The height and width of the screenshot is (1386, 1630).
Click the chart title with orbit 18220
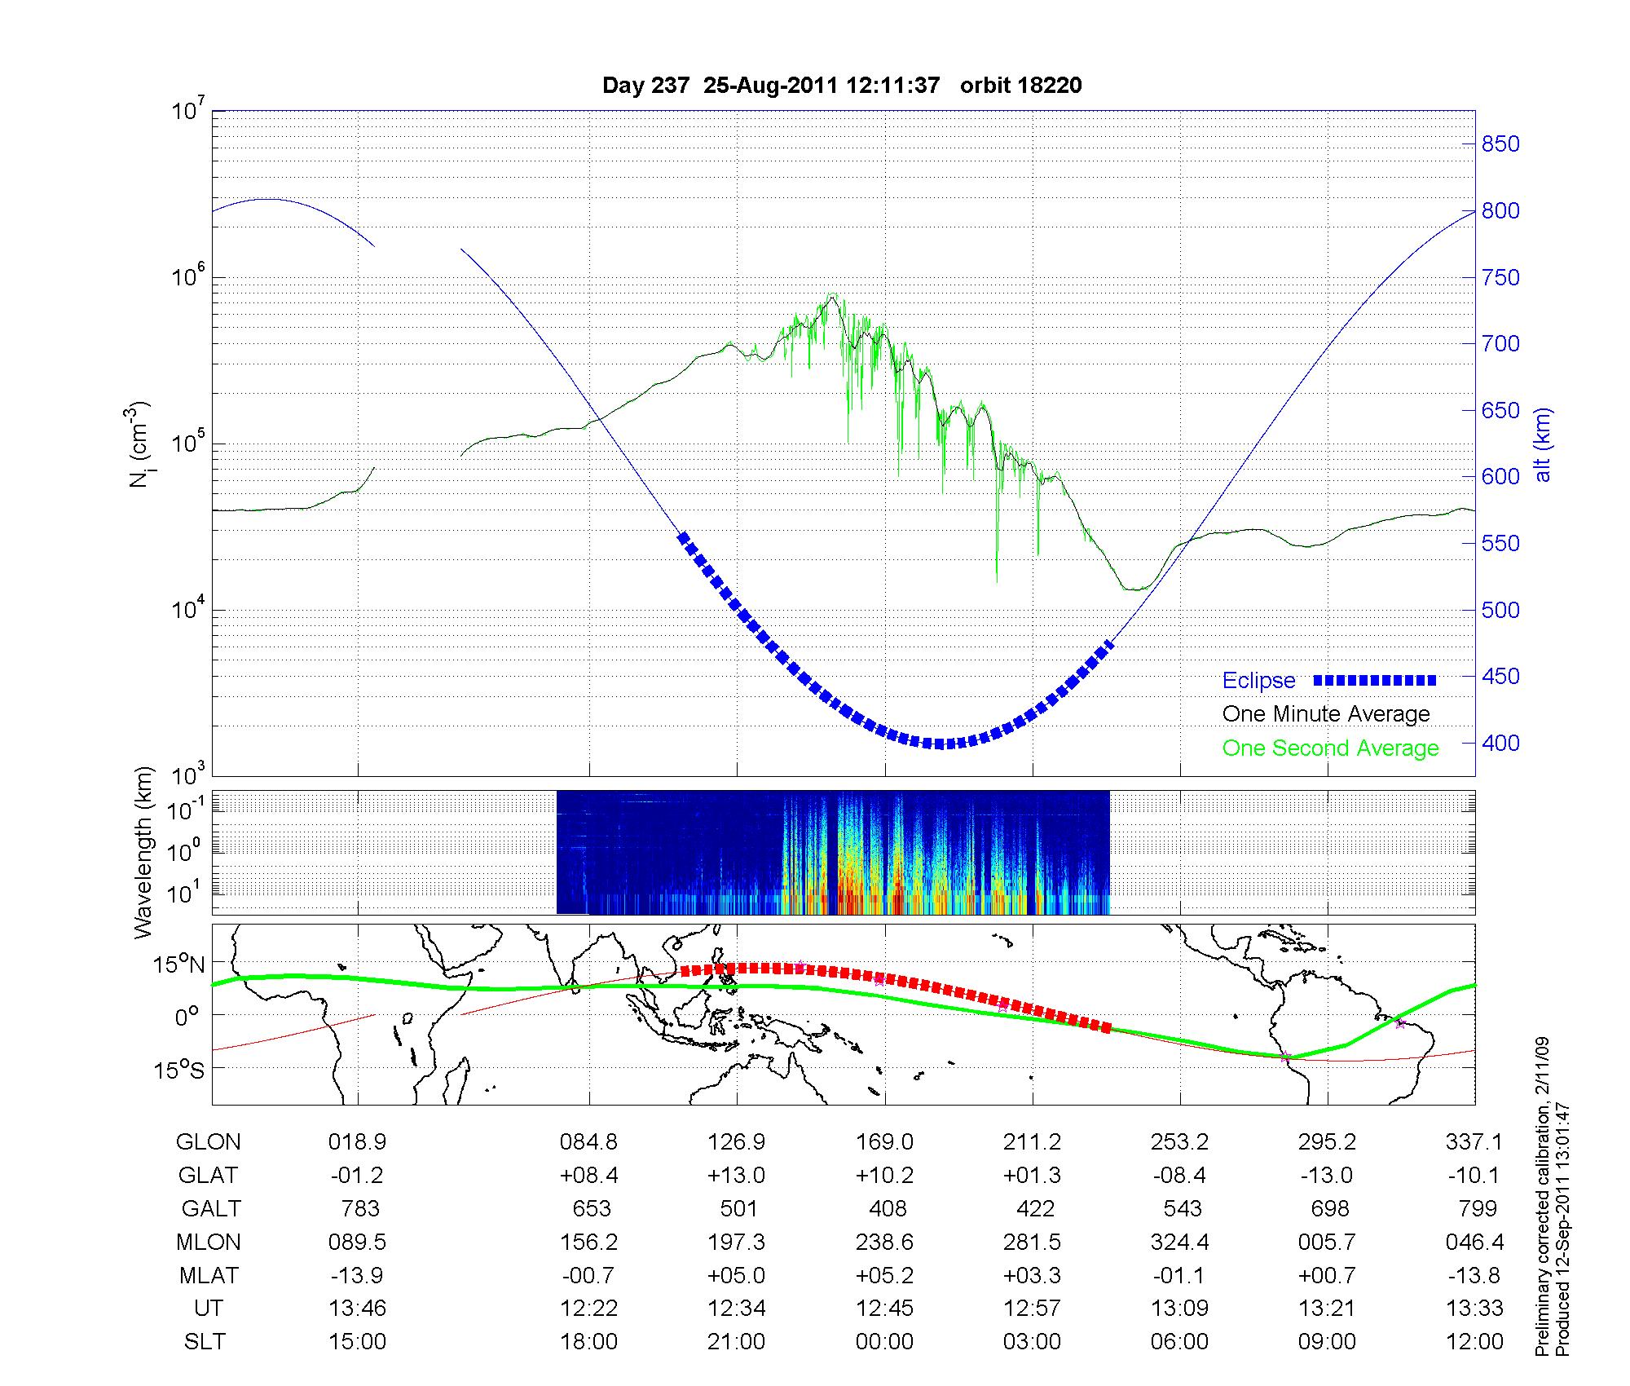842,86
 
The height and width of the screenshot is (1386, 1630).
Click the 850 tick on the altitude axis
1500,144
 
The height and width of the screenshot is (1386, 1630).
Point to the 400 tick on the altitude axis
1500,744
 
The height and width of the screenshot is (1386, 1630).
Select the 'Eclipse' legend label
1258,681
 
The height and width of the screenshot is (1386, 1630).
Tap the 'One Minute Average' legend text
1326,714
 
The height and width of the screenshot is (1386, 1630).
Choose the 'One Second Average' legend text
1330,748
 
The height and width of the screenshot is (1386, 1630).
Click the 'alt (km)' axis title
1543,444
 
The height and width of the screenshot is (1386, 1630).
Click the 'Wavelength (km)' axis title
144,852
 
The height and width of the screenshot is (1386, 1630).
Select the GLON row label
208,1142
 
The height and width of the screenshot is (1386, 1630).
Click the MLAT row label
209,1275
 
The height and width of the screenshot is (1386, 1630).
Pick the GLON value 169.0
884,1142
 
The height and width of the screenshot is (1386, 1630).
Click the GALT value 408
888,1208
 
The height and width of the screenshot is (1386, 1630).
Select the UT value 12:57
1033,1309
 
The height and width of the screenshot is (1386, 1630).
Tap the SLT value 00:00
884,1342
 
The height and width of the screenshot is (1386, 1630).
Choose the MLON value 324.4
1179,1242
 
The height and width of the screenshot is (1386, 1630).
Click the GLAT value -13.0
1327,1176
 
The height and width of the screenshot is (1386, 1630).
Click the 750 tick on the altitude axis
1500,278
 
